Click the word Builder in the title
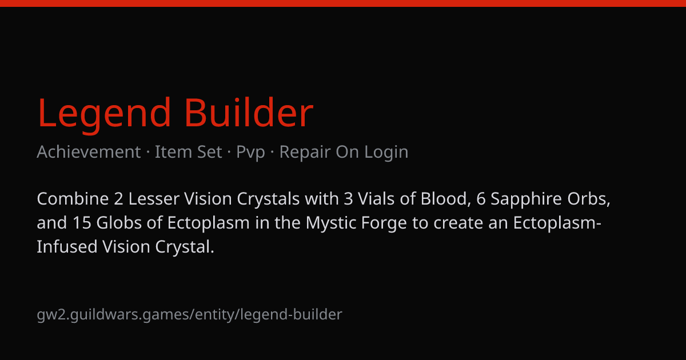pos(249,112)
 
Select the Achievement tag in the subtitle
pos(89,152)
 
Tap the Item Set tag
pos(188,152)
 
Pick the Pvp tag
pos(250,153)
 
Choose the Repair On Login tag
pos(344,153)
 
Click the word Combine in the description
pos(73,199)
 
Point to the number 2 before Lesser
pos(118,199)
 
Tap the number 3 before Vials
pos(348,199)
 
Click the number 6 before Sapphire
pos(481,199)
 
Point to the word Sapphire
pos(526,199)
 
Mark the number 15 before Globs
pos(82,223)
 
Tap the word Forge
pos(384,223)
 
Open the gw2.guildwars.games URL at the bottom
pos(189,315)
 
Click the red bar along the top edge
pos(343,3)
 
